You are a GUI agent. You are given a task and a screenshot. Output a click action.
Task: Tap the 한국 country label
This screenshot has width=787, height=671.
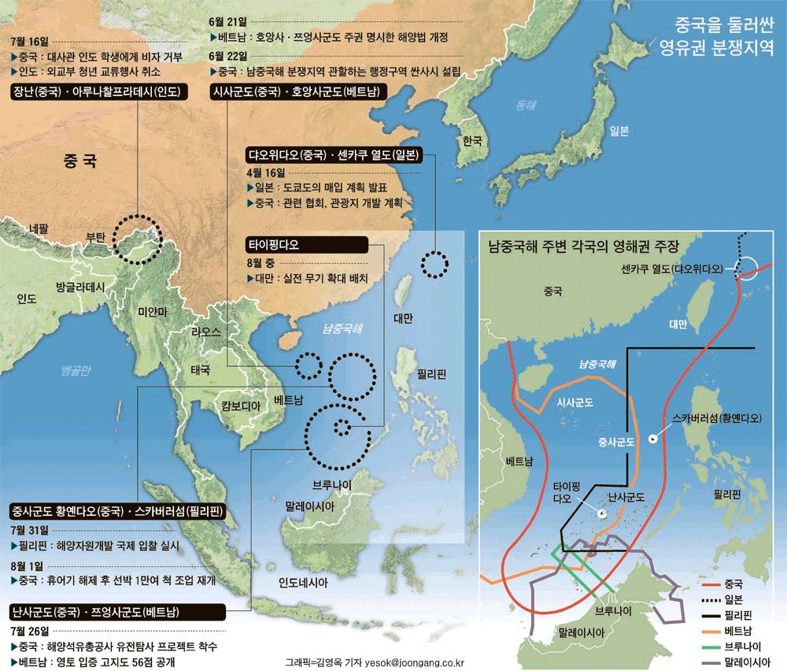[x=471, y=142]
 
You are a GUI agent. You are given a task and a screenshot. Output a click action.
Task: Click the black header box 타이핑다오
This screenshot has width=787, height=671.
[x=306, y=245]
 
